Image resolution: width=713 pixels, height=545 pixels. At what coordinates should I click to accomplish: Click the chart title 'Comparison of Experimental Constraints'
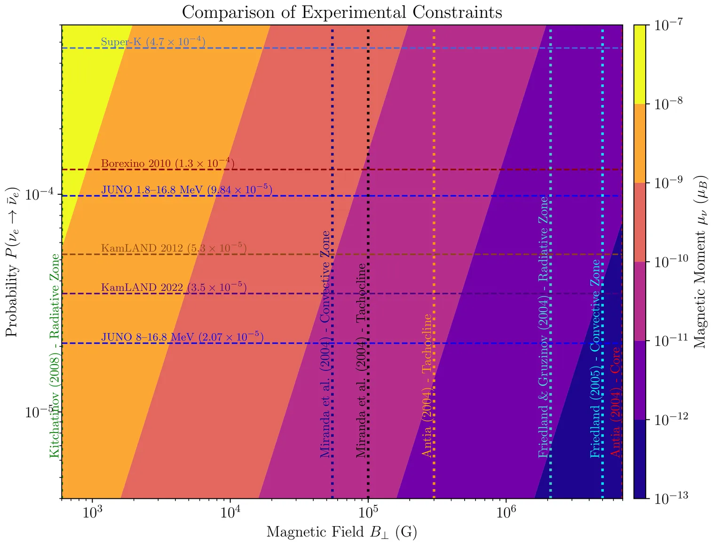342,12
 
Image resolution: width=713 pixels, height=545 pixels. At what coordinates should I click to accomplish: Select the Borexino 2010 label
167,163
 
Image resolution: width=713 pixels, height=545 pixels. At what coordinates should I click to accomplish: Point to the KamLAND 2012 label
174,248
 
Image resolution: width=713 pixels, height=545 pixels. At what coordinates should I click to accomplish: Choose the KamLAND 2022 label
174,287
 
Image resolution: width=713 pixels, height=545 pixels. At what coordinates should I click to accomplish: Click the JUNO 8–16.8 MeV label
182,337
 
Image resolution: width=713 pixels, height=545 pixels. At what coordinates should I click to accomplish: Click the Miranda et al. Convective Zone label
325,345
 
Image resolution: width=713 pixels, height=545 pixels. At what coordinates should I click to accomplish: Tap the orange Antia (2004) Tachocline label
427,385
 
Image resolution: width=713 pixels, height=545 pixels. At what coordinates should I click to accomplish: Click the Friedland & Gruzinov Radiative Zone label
544,327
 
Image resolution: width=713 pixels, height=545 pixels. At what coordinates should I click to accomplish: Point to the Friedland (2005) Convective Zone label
595,359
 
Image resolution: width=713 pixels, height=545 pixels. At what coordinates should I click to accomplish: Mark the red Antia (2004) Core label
615,402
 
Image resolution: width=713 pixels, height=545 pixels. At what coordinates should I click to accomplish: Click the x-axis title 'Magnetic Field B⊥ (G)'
342,532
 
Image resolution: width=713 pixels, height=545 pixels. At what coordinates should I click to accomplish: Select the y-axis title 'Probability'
12,263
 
